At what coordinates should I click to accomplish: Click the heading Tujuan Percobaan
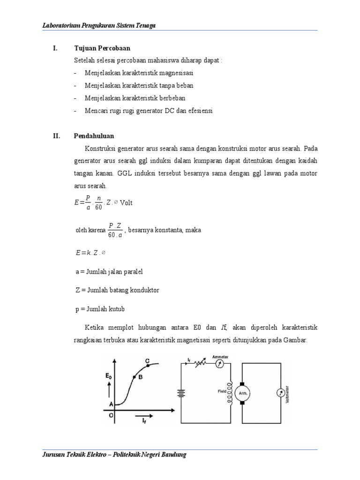(x=102, y=48)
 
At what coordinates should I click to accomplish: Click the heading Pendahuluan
(x=94, y=136)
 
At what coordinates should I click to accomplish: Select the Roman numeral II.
(x=56, y=136)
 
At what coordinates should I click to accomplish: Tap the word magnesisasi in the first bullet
(x=176, y=74)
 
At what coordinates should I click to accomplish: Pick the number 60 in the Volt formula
(x=99, y=207)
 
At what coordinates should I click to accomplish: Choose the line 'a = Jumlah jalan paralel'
(x=109, y=271)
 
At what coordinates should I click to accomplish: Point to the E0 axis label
(x=109, y=375)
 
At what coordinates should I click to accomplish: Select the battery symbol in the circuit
(x=180, y=393)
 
